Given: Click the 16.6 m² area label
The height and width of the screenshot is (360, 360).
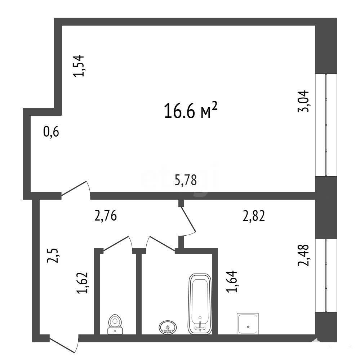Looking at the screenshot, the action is click(x=191, y=111).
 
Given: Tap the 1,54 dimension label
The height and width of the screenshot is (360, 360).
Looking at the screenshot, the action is click(x=79, y=66).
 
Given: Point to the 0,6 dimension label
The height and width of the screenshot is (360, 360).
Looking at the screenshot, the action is click(x=51, y=132).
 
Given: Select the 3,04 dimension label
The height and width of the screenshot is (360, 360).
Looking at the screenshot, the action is click(x=303, y=101).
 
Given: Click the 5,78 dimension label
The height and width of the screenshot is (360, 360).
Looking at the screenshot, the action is click(x=186, y=180).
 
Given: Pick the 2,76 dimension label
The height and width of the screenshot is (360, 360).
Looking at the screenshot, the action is click(x=106, y=216).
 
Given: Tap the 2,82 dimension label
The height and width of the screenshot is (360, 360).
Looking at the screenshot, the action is click(x=254, y=216).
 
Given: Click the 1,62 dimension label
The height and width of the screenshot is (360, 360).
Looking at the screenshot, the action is click(x=83, y=283).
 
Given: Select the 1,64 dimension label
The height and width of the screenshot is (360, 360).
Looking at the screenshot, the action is click(x=231, y=281).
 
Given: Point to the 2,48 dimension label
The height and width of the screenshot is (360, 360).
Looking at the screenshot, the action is click(x=303, y=255).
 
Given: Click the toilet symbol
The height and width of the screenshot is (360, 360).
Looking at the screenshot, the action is click(x=115, y=324).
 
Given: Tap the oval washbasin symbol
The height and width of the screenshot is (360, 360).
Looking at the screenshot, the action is click(x=168, y=327).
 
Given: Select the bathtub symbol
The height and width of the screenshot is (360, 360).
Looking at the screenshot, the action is click(x=200, y=304).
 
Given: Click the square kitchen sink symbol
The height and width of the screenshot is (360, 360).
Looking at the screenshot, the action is click(x=248, y=324).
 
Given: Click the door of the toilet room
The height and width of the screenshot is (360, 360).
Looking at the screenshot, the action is click(x=118, y=244).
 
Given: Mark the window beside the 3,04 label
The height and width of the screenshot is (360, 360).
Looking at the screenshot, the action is click(x=326, y=125).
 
